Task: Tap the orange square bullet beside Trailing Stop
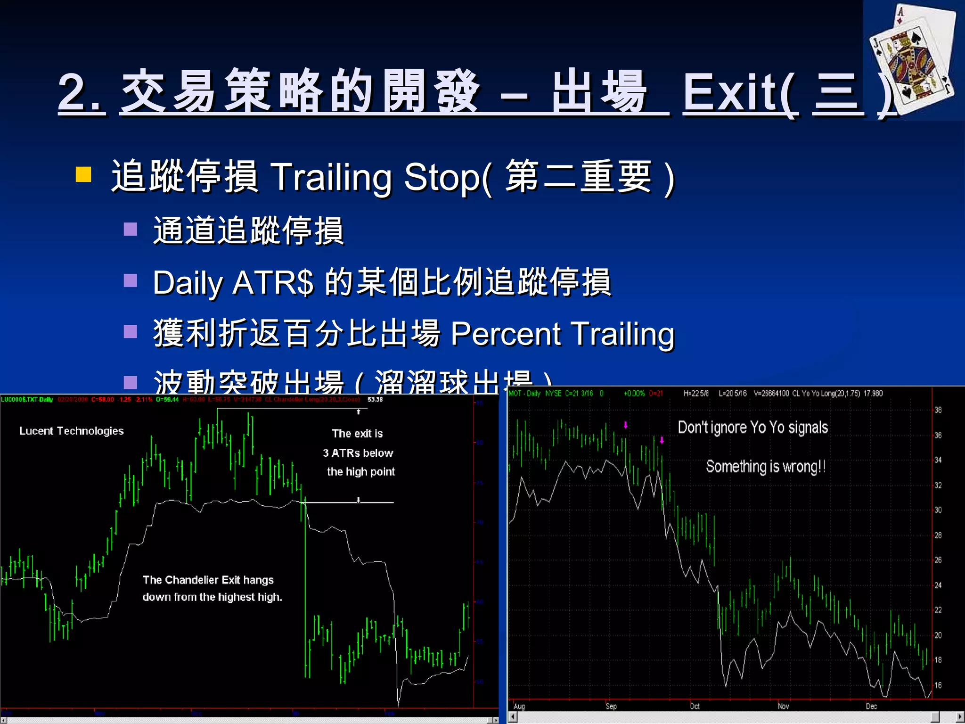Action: coord(83,174)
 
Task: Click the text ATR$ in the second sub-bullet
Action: coord(273,283)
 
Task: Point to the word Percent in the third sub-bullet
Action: coord(505,334)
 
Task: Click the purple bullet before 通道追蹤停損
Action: coord(131,230)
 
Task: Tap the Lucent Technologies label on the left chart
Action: coord(72,431)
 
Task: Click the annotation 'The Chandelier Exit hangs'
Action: coord(208,580)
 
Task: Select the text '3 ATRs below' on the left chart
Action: coord(358,453)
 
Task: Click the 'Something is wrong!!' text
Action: coord(765,467)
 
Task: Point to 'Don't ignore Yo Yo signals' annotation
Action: coord(752,428)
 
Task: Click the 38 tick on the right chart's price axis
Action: coord(938,410)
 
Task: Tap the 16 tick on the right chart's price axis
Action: coord(938,685)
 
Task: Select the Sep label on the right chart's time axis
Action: coord(611,706)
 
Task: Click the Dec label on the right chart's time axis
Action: coord(871,706)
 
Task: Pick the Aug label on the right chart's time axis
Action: coord(519,706)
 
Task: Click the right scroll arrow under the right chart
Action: coord(959,716)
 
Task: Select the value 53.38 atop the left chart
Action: coord(375,399)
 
